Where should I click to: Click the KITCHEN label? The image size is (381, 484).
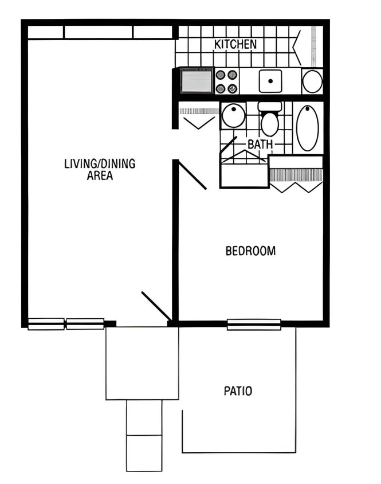pos(235,44)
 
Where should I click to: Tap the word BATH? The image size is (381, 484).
pos(260,145)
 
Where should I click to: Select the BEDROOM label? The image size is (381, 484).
pos(250,251)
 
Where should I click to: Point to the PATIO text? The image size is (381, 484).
pos(238,391)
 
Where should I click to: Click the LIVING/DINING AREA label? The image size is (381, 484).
pos(100,169)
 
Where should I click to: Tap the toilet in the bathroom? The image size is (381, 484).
pos(269,120)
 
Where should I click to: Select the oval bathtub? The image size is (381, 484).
pos(307,127)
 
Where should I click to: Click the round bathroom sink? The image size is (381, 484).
pos(233,116)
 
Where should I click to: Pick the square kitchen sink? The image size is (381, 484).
pos(270,81)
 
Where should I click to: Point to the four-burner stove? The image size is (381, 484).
pos(226,81)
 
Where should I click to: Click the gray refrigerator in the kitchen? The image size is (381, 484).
pos(197,80)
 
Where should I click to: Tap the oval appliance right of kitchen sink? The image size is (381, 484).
pos(312,81)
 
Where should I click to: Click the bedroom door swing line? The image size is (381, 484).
pos(193,175)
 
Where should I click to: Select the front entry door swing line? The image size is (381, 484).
pos(156,306)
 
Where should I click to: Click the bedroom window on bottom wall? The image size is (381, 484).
pos(254,325)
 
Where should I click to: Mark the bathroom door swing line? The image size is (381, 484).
pos(228,145)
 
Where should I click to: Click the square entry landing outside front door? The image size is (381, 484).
pos(142,363)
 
